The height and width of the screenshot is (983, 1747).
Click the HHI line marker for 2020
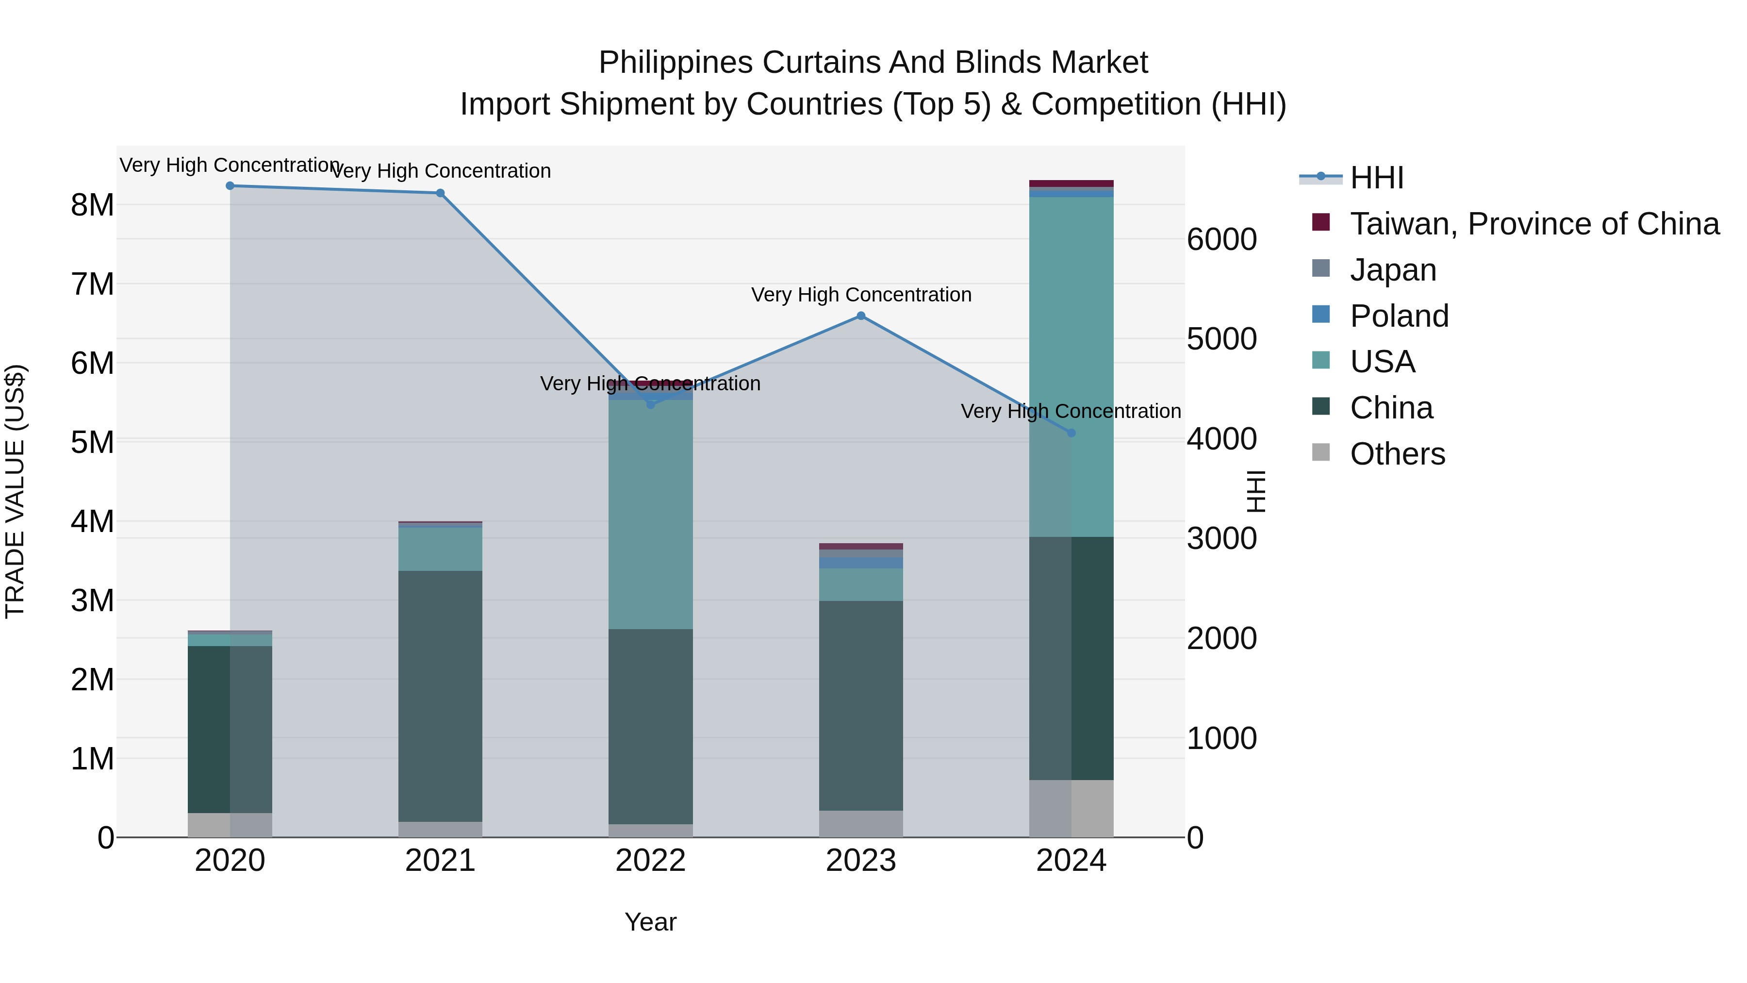point(230,186)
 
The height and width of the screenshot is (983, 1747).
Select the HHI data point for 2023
point(860,316)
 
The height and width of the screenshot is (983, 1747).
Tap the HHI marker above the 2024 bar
point(1071,433)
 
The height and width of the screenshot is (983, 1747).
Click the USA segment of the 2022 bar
point(650,516)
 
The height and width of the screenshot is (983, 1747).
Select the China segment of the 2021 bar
point(440,695)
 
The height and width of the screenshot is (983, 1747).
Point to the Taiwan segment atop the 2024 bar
point(1071,183)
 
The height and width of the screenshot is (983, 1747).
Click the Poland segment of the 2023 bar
point(860,563)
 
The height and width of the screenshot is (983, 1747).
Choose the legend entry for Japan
point(1392,270)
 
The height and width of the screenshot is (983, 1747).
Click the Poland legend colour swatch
point(1320,315)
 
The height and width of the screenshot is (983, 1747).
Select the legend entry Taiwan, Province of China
point(1534,224)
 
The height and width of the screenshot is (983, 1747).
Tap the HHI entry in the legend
point(1376,178)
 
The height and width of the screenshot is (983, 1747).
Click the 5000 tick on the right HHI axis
point(1221,339)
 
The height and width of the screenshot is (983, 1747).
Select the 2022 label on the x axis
point(650,861)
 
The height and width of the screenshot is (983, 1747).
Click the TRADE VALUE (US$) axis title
point(15,491)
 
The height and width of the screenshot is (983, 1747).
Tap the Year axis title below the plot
point(650,922)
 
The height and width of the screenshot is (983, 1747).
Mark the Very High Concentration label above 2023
point(860,295)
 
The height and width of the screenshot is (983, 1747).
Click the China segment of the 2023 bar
point(860,705)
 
